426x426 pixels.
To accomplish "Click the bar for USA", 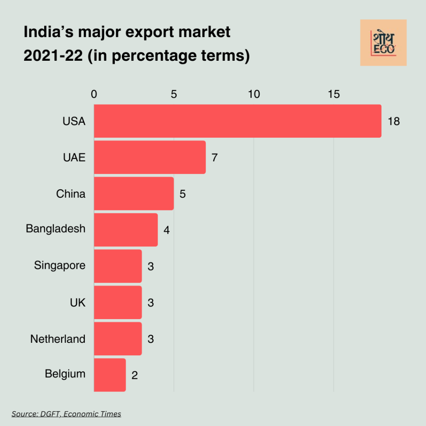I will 237,121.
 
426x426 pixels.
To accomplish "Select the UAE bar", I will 150,157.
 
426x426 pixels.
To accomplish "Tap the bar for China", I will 134,193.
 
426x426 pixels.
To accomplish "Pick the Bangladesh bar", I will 126,230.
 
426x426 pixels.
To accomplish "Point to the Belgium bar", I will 109,375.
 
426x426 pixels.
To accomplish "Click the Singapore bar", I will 118,266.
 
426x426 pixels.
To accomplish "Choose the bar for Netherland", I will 118,339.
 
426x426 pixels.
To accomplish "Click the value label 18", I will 393,121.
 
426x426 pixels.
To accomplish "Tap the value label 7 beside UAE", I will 215,158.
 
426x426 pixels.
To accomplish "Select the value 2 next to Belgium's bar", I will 134,375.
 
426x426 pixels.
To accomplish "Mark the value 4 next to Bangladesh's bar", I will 166,230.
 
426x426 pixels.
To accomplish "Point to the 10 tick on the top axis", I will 254,94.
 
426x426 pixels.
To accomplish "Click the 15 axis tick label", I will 334,94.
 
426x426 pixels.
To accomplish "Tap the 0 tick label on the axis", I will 94,94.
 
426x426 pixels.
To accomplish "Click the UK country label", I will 77,302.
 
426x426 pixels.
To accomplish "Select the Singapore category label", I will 60,265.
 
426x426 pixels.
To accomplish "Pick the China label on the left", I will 71,193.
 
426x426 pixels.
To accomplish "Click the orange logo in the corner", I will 383,42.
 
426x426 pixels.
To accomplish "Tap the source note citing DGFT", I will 67,414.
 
